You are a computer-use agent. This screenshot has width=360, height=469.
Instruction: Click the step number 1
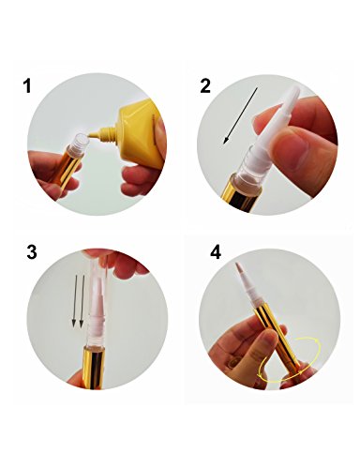(x=27, y=85)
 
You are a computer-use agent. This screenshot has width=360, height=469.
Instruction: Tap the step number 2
(x=205, y=85)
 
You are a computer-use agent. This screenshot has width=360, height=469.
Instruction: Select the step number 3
(x=32, y=251)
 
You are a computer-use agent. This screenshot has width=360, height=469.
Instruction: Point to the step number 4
(x=216, y=251)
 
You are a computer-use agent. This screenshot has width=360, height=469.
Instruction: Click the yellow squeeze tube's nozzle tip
(x=90, y=135)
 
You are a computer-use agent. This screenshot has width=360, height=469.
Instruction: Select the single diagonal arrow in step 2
(x=240, y=115)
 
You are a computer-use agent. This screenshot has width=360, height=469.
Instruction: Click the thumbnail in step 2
(x=292, y=147)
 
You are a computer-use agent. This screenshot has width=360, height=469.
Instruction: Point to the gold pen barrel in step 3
(x=93, y=367)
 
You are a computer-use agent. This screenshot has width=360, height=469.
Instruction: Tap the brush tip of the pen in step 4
(x=239, y=266)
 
